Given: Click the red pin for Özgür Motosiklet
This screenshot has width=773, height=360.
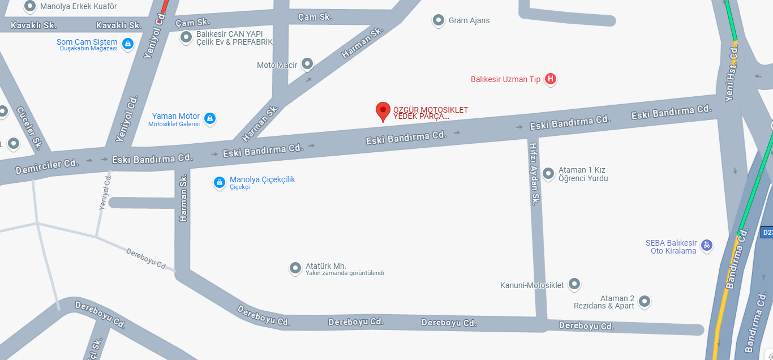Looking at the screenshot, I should pos(383,110).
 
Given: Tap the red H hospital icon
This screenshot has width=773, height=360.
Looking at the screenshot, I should pos(550,79).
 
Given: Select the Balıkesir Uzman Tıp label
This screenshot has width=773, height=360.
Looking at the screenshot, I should pos(505,79).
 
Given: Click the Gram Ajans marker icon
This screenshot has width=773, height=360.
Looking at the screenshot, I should pos(438,20).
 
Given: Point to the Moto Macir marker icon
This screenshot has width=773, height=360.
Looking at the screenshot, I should pos(307,64).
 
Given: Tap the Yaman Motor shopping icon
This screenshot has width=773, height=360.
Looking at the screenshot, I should pos(210,118).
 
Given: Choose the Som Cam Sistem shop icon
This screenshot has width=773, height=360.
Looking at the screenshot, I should pos(128,43).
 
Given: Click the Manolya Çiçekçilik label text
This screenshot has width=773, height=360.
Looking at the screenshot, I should pos(262,180).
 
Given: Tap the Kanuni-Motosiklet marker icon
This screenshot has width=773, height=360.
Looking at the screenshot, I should pos(574,284).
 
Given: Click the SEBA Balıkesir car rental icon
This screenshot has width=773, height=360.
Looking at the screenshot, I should pos(706,245).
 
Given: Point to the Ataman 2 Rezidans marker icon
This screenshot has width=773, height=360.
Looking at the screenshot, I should pos(645,301).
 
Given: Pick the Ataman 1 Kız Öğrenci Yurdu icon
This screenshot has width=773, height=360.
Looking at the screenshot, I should pos(548,173).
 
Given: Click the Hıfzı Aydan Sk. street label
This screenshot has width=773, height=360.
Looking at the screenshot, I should pos(535,173).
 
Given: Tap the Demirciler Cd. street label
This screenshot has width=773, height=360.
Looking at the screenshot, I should pos(46,166).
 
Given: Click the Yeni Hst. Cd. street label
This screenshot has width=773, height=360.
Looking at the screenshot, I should pos(732,74).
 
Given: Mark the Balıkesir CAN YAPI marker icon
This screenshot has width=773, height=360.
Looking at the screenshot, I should pos(186,37).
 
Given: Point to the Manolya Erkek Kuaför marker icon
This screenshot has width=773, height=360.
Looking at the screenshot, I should pos(30,6).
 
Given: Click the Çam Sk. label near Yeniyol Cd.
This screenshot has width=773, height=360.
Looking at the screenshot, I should pos(192,23).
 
